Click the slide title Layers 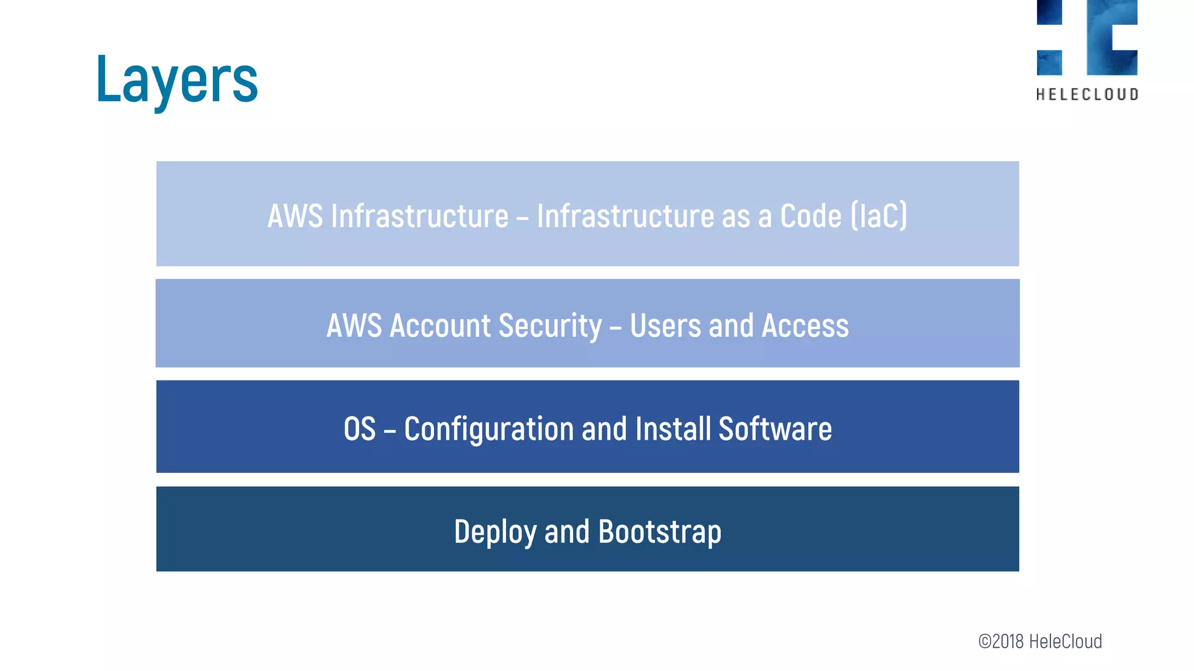point(177,79)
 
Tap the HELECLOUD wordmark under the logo point(1087,94)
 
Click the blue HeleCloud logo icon point(1087,37)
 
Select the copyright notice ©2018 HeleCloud point(1040,641)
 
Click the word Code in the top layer point(811,216)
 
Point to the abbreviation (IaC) point(879,216)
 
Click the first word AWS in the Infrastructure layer point(295,216)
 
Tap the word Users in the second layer point(665,326)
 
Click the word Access point(805,326)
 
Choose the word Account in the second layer point(440,326)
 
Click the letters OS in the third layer point(360,429)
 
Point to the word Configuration point(489,429)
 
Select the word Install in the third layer point(673,429)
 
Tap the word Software point(775,429)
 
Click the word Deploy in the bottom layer point(495,532)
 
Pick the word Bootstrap point(660,532)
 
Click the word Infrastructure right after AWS point(420,216)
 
